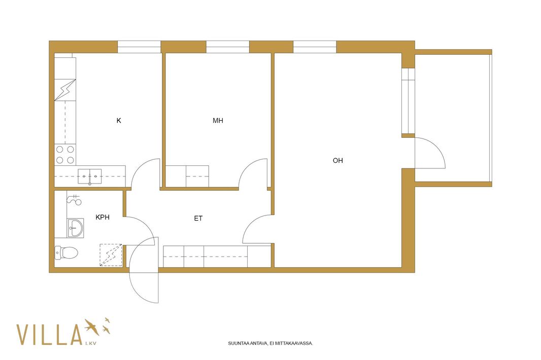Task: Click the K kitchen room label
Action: (x=119, y=120)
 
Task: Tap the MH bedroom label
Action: (x=218, y=120)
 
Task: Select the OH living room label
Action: (x=338, y=160)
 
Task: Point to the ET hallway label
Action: (x=198, y=218)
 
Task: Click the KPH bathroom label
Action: (x=103, y=217)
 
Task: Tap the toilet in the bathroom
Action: (x=66, y=253)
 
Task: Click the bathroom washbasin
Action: (x=75, y=228)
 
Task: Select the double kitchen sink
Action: (x=90, y=176)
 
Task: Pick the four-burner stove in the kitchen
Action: (x=65, y=155)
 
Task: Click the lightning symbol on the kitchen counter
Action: (x=65, y=90)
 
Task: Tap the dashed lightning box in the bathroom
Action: (x=111, y=255)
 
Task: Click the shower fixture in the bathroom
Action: (x=74, y=199)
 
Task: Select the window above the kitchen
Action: (x=140, y=47)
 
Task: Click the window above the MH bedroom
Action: (x=228, y=47)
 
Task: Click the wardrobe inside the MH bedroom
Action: (x=187, y=176)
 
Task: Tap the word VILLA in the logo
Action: (x=49, y=335)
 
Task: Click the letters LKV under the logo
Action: (x=90, y=343)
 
